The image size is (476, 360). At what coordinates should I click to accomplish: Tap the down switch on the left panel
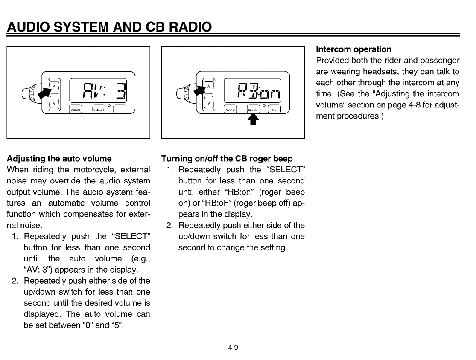tap(54, 103)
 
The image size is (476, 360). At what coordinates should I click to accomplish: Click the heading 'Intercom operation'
tap(353, 49)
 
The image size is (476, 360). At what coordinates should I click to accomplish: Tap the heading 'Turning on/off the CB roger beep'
tap(227, 159)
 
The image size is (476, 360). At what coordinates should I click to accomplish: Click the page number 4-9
tap(233, 348)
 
